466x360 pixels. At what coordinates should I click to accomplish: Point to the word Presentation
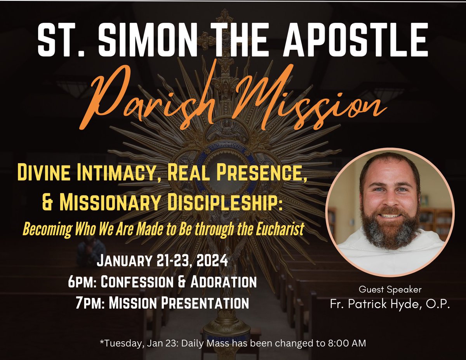207,303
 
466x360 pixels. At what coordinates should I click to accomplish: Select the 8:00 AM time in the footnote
347,344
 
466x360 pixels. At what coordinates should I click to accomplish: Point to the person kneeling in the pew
91,252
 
